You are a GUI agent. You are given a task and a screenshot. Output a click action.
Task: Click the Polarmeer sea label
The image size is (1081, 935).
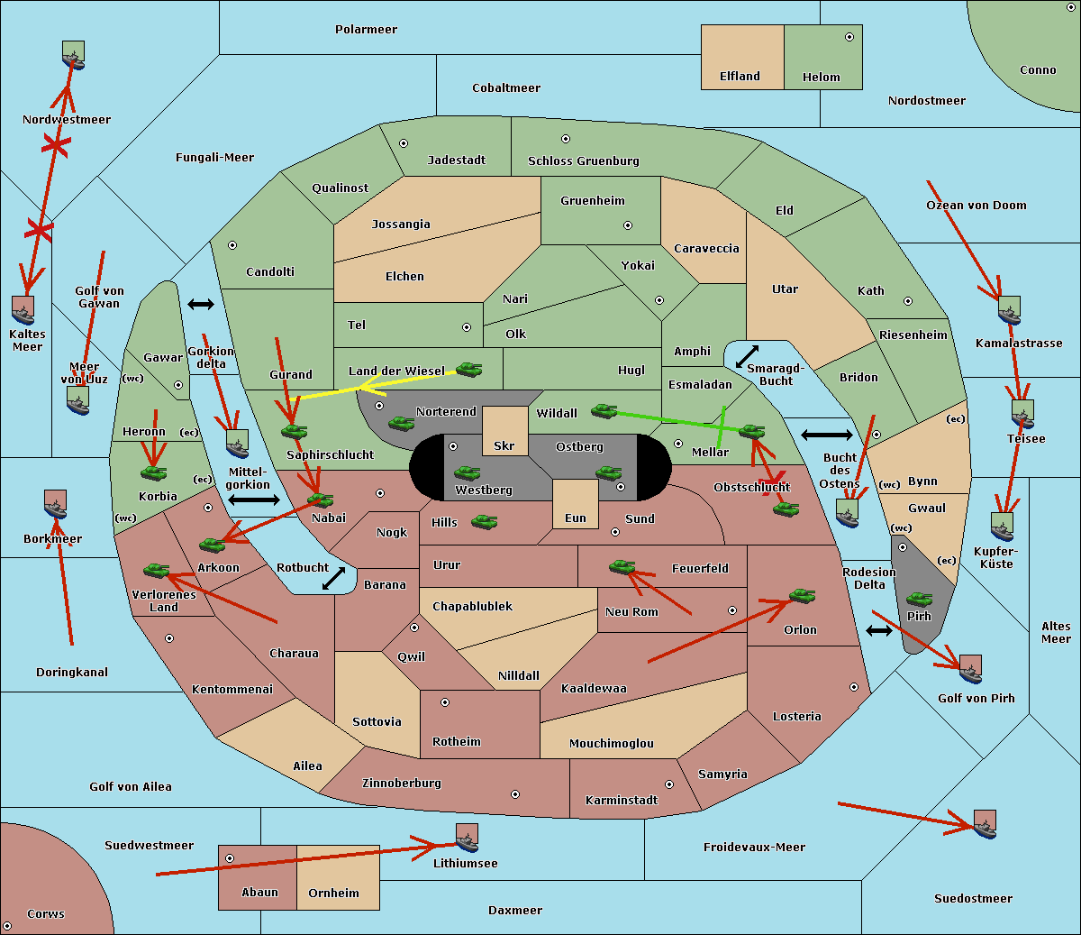click(366, 30)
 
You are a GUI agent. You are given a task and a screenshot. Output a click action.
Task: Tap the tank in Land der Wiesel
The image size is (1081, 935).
click(468, 370)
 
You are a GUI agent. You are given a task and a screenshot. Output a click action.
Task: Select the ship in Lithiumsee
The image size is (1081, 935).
click(467, 839)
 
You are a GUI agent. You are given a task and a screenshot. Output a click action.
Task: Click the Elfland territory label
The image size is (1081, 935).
click(740, 77)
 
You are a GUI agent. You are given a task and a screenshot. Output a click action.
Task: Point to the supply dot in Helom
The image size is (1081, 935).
click(849, 37)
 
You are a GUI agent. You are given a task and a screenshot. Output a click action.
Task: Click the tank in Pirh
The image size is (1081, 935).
click(919, 599)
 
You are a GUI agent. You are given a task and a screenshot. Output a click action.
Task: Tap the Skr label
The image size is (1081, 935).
click(504, 445)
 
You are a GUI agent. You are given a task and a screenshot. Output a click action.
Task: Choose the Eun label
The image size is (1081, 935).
click(576, 518)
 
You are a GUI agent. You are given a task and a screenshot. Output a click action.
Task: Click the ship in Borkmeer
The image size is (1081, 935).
click(55, 504)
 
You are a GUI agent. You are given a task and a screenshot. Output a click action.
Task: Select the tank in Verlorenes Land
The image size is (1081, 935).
click(156, 570)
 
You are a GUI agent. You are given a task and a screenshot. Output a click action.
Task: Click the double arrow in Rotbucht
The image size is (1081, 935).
click(333, 579)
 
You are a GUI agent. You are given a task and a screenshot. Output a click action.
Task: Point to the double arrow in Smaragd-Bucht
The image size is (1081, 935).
click(747, 356)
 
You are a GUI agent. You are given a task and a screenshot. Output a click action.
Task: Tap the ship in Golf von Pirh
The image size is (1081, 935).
click(970, 669)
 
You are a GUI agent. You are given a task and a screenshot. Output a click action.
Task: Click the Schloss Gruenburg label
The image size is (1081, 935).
click(584, 161)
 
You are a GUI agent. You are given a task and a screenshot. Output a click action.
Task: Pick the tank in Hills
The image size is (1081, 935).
click(484, 521)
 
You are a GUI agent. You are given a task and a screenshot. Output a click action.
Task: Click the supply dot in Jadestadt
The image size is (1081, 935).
click(404, 143)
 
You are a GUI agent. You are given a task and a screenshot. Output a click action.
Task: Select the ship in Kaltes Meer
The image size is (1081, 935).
click(23, 310)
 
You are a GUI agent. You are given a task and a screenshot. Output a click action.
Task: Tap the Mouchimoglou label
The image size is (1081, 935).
click(612, 743)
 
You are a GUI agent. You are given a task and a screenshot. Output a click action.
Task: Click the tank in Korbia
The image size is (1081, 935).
click(153, 473)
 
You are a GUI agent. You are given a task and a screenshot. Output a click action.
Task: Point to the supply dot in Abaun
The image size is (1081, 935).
click(230, 858)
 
